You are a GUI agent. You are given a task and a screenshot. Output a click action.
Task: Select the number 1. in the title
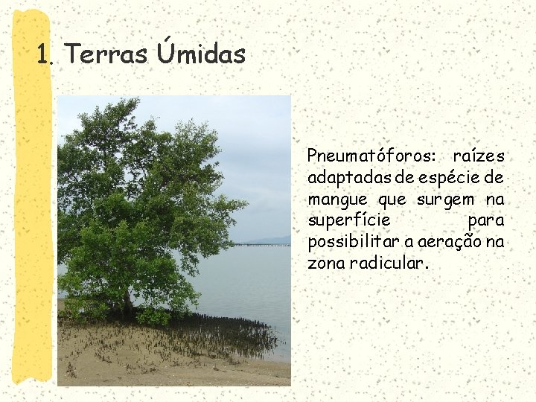46,55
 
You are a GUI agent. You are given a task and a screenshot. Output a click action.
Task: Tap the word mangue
337,200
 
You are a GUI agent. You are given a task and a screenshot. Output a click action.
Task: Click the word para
485,221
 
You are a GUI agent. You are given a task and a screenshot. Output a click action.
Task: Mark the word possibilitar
351,243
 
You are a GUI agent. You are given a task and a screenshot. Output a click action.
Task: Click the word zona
324,264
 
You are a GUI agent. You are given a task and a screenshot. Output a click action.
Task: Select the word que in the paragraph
392,200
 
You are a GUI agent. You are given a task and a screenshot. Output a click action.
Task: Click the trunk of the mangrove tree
128,302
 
